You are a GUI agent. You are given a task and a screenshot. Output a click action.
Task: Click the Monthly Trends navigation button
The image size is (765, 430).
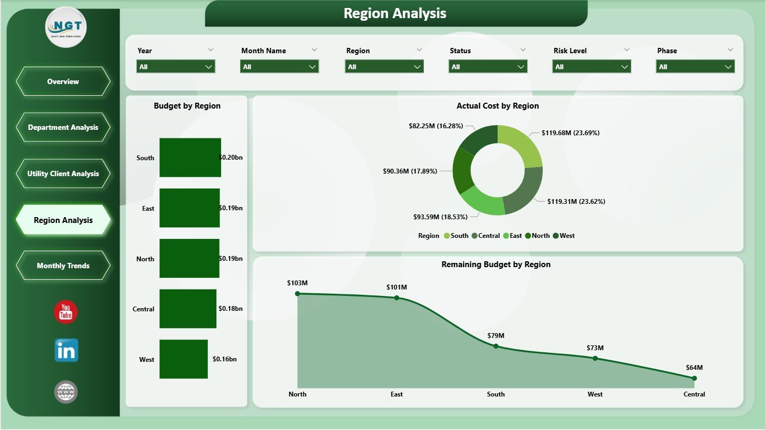point(63,266)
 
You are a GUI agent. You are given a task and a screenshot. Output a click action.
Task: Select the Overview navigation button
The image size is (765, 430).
point(63,81)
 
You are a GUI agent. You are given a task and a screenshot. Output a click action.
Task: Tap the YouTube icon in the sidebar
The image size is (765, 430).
point(66,312)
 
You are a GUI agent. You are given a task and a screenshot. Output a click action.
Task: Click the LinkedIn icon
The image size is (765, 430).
point(66,351)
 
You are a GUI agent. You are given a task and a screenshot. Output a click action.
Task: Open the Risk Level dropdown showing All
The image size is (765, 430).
point(591,67)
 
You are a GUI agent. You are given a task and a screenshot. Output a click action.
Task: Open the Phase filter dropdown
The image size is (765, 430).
point(695,67)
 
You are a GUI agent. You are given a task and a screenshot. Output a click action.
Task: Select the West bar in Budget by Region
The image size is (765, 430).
point(183,359)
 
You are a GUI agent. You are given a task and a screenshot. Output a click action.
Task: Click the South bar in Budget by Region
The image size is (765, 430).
point(190,158)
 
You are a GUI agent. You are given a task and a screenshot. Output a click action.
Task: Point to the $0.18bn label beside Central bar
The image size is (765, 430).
point(230,309)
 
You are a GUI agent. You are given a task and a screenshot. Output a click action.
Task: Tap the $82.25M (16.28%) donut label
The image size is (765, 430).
point(435,126)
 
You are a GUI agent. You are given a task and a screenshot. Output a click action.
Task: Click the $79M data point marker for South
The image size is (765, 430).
point(496,346)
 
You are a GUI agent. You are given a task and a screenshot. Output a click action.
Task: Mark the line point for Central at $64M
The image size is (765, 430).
point(694,378)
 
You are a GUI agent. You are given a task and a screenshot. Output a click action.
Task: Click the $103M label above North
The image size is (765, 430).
point(297,283)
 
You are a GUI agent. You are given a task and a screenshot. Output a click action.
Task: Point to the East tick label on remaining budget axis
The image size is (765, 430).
point(397,394)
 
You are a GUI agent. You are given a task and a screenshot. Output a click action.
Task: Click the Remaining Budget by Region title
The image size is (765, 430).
point(495,264)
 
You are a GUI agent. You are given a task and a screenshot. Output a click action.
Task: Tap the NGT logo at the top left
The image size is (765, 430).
point(66,27)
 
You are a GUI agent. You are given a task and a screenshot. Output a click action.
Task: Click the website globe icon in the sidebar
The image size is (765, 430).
point(66,392)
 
